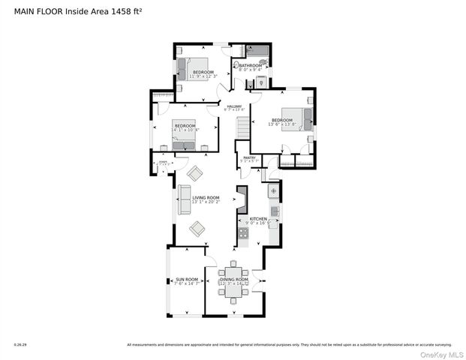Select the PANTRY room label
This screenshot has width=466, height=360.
[249, 157]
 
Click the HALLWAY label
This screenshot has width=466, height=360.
[235, 106]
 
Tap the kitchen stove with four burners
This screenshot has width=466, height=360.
[243, 235]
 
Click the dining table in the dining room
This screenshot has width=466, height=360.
[233, 280]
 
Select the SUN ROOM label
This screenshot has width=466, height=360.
[176, 280]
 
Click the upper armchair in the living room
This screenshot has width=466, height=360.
[195, 174]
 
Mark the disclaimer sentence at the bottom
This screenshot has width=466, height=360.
[300, 345]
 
